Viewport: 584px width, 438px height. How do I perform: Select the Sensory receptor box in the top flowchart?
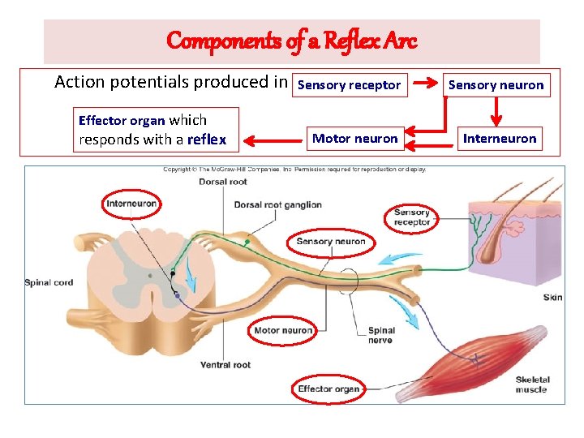350,84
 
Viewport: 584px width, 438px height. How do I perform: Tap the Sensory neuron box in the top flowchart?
496,84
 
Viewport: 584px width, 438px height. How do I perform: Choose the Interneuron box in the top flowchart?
499,139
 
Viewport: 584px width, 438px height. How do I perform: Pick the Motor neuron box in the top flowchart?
355,139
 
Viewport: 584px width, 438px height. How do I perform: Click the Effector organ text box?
155,130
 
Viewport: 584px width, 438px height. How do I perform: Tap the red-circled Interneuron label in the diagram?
131,204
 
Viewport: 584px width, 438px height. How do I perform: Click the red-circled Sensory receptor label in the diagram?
411,217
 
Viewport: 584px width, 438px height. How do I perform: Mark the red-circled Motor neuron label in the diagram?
283,330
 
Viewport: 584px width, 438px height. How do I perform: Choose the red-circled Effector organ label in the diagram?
328,389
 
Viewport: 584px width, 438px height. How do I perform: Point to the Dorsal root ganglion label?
278,205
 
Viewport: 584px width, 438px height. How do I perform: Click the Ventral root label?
225,365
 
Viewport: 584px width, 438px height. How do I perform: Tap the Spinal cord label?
49,283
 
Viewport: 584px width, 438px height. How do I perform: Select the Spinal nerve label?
381,335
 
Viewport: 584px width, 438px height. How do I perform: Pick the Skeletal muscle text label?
532,384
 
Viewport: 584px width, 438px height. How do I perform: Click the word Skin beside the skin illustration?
552,298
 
